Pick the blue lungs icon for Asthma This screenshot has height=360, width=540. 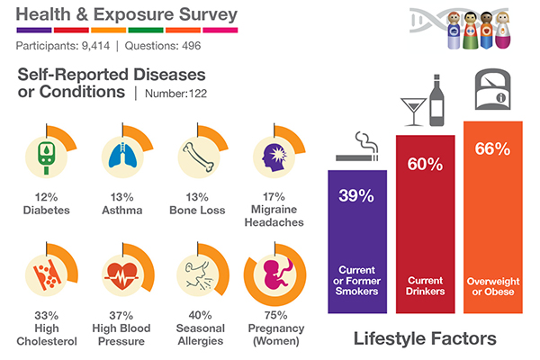click(x=119, y=156)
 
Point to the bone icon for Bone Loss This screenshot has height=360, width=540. click(x=196, y=156)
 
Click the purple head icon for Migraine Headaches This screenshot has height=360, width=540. click(x=272, y=155)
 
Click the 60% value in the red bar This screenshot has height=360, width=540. click(x=424, y=164)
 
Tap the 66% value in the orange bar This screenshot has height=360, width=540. click(x=490, y=149)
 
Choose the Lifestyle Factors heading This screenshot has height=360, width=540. click(x=425, y=340)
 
